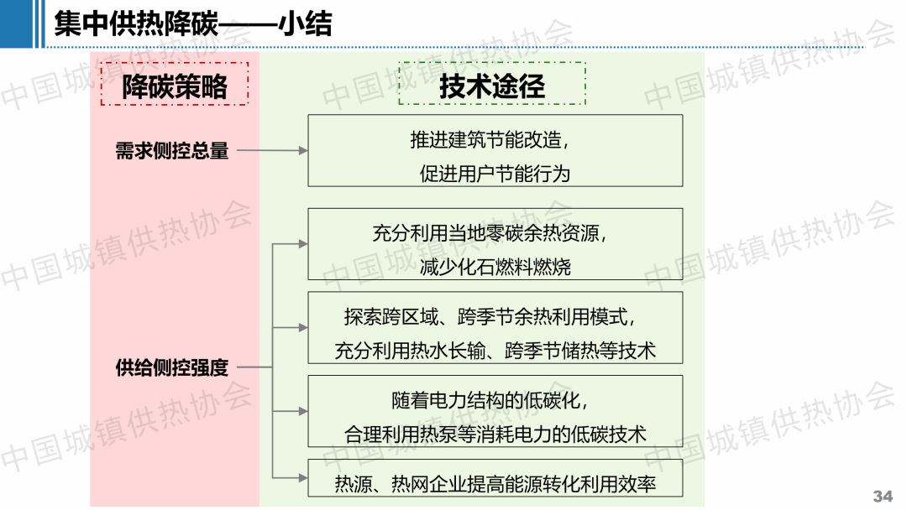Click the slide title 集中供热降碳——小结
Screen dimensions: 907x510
(193, 24)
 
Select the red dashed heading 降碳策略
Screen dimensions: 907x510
(175, 86)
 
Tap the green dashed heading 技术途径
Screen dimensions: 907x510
(492, 86)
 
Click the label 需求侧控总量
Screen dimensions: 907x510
(172, 151)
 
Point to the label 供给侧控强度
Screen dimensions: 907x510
(172, 367)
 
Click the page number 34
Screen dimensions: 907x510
(883, 496)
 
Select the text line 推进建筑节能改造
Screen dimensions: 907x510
(490, 140)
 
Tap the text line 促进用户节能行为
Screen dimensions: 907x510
(495, 174)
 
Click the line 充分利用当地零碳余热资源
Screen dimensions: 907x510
(490, 233)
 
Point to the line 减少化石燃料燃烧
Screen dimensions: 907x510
(495, 267)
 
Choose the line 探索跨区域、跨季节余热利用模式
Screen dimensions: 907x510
(490, 316)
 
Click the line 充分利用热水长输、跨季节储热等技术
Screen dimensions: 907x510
(495, 351)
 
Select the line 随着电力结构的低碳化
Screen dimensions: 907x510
(490, 400)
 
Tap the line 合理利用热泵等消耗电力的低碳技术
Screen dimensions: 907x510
(495, 435)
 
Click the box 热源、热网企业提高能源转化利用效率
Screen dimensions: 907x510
(495, 478)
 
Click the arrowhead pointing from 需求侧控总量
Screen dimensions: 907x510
(303, 151)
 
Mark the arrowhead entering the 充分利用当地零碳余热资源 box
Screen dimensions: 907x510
(303, 244)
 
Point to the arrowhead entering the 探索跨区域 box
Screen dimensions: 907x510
(303, 327)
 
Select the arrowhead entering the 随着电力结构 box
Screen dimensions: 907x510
(303, 411)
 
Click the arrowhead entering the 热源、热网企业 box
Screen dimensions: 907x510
(303, 477)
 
